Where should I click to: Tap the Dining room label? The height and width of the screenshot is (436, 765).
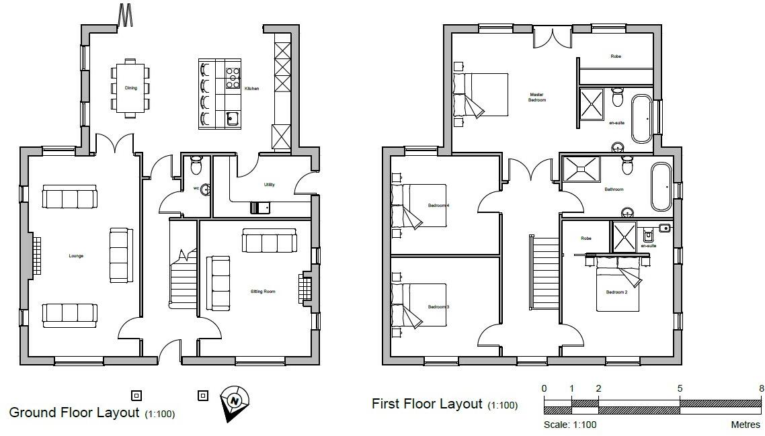(131, 88)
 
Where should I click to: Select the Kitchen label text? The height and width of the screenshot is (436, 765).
(251, 89)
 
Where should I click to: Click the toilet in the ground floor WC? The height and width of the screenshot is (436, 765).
(196, 164)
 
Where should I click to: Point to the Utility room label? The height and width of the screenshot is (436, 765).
(270, 185)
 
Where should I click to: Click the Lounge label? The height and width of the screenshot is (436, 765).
(76, 256)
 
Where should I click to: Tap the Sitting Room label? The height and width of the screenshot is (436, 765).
(263, 292)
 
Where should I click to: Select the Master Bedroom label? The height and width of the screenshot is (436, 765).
(536, 97)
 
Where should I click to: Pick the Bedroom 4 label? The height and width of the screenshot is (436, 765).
(438, 205)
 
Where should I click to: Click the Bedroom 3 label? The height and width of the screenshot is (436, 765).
(438, 307)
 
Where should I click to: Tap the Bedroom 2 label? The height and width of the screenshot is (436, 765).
(616, 292)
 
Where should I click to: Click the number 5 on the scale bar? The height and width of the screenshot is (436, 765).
(680, 388)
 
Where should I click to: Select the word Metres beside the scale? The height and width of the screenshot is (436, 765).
(746, 425)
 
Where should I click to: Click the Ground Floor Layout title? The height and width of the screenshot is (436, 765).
(74, 412)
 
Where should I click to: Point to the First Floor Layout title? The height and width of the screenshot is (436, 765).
(427, 404)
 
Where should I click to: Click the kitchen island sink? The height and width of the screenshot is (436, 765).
(233, 119)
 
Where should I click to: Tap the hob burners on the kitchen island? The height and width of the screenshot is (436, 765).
(233, 78)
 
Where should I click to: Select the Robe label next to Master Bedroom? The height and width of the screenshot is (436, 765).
(615, 56)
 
